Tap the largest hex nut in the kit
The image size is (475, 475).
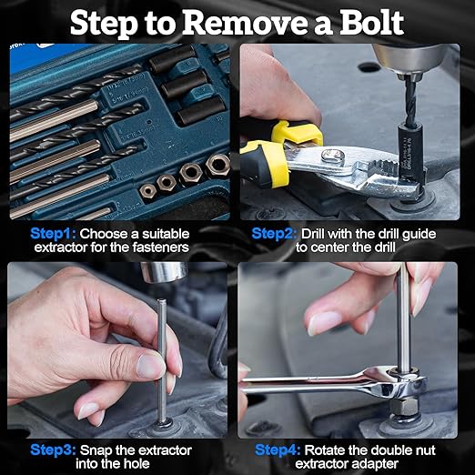point(217,166)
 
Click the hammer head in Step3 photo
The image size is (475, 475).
point(167,272)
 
